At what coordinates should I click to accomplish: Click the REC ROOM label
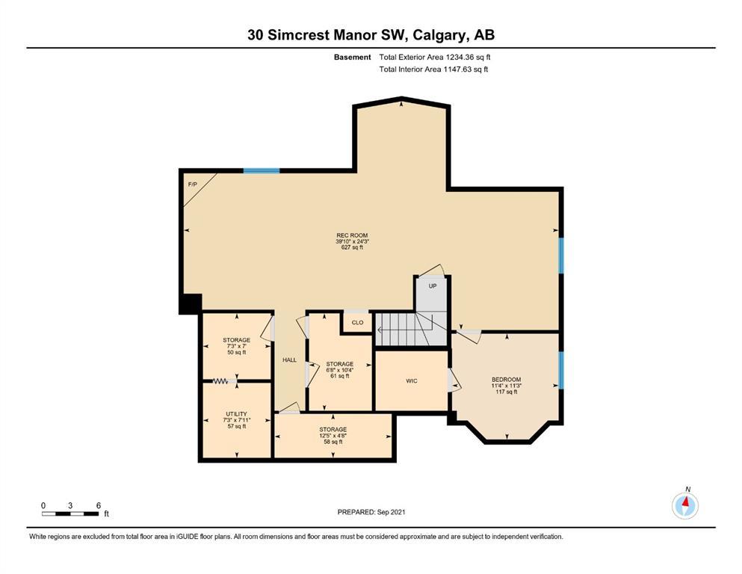point(352,235)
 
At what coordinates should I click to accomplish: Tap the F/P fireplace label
point(193,185)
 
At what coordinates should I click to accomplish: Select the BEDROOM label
point(507,380)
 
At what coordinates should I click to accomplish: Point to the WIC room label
point(412,381)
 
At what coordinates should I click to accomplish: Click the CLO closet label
point(358,323)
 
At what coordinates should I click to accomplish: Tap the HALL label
point(290,360)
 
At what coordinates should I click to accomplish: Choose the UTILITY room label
point(237,414)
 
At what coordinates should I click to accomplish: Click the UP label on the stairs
point(433,286)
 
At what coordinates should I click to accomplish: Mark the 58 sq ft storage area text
point(333,442)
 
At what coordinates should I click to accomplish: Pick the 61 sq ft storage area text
point(340,376)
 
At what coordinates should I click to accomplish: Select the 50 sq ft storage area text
point(237,353)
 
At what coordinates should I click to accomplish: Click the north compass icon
point(685,505)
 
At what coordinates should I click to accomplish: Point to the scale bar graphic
point(70,513)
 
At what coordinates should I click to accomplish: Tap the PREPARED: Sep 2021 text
point(371,512)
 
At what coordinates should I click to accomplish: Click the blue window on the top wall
point(262,171)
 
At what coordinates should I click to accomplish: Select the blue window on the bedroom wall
point(561,370)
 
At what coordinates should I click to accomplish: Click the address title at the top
point(371,35)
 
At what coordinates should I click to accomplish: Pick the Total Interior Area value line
point(433,69)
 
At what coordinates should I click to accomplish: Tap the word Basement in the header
point(353,58)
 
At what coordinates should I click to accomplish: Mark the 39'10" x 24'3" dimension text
point(352,241)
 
